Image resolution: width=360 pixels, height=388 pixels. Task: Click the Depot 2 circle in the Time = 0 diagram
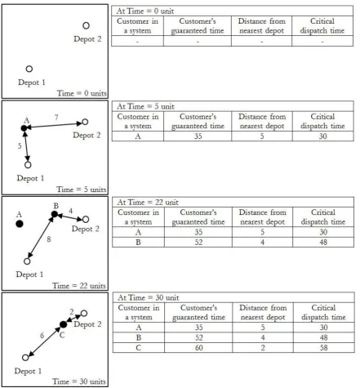(x=86, y=25)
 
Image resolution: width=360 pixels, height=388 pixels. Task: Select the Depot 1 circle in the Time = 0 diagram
(x=29, y=69)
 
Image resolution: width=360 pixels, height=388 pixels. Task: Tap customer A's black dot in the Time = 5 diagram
(x=24, y=128)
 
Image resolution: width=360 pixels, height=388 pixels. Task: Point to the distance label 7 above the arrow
(x=56, y=118)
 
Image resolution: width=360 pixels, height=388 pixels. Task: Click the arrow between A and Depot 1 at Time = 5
(x=26, y=146)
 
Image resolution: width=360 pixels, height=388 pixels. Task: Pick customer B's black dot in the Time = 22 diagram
(x=55, y=214)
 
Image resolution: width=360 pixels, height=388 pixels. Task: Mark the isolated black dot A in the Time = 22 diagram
(x=20, y=224)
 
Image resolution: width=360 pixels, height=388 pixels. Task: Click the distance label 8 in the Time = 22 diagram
(x=49, y=239)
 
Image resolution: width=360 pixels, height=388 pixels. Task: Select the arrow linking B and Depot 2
(x=70, y=217)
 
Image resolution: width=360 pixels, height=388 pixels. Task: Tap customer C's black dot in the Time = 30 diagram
(x=63, y=324)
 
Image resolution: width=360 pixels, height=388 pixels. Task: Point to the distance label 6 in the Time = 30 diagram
(x=42, y=336)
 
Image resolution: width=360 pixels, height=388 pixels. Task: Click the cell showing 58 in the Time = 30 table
(x=324, y=348)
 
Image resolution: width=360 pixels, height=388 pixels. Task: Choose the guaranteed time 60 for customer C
(x=199, y=348)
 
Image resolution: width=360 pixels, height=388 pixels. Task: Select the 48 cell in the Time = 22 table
(x=323, y=243)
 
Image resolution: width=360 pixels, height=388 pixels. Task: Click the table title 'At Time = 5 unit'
(x=145, y=106)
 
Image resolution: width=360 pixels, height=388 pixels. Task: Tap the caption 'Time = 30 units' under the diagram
(x=79, y=381)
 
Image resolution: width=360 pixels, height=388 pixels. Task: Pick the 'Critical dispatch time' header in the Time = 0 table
(x=322, y=26)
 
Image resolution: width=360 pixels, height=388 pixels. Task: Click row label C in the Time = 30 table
(x=139, y=348)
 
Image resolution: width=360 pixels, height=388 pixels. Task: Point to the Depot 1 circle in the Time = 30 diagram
(x=25, y=358)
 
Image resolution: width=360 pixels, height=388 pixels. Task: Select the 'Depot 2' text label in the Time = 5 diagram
(x=87, y=135)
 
